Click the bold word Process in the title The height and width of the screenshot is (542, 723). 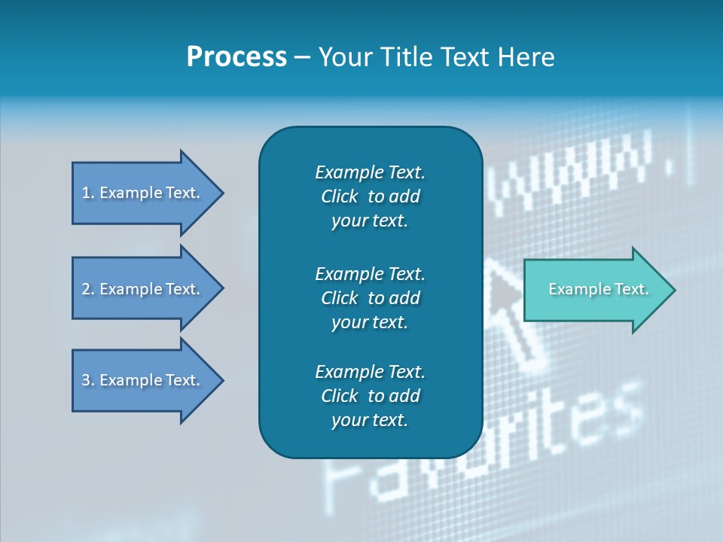tap(236, 57)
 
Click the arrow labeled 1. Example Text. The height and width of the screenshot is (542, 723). tap(143, 193)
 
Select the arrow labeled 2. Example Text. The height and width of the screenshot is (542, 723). tap(143, 289)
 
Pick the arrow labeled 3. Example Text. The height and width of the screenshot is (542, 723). tap(143, 380)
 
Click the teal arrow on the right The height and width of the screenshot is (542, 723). tap(595, 290)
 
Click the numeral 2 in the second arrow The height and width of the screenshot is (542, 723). tap(86, 289)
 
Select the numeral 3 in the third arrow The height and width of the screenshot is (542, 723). tap(86, 380)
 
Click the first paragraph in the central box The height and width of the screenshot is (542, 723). tap(370, 196)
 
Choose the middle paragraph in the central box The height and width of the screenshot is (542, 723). tap(370, 297)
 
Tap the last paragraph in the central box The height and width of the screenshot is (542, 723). tap(370, 396)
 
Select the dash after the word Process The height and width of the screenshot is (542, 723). tap(303, 57)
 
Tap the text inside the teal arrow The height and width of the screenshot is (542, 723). tap(598, 289)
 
